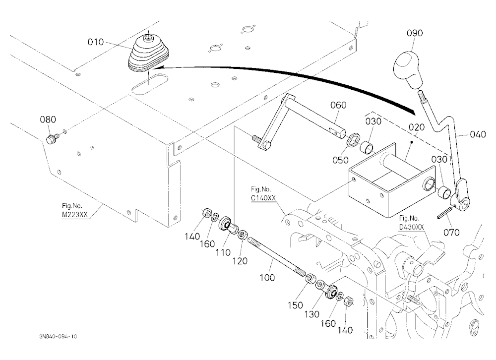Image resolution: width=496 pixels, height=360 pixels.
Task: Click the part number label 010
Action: (96, 42)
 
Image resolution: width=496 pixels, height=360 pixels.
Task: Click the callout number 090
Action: (415, 33)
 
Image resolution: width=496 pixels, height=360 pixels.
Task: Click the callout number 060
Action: (338, 105)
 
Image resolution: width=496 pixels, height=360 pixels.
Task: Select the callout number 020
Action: (417, 127)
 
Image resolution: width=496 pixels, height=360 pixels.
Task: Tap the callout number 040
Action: (478, 134)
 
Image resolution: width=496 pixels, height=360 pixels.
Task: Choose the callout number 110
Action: (223, 252)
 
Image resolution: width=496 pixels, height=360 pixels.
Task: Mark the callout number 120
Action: (240, 261)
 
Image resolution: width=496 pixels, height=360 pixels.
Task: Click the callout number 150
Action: (295, 305)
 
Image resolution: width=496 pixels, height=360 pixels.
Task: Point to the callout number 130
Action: (312, 314)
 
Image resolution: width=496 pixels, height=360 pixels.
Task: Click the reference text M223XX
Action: (75, 215)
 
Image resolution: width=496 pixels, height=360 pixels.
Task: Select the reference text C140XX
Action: (263, 198)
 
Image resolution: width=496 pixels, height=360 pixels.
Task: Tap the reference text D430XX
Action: (411, 227)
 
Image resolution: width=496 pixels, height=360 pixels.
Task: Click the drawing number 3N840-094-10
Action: (58, 336)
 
